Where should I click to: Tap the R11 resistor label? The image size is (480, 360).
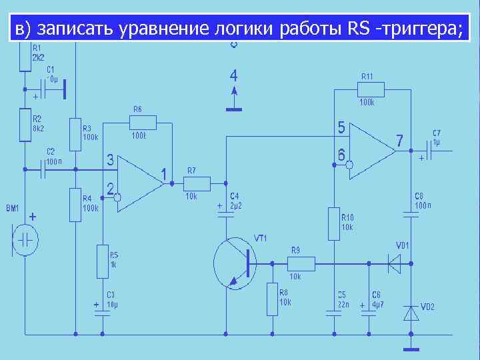click(367, 76)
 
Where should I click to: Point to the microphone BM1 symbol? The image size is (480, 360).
click(25, 240)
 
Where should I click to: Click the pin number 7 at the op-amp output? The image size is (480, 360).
click(399, 141)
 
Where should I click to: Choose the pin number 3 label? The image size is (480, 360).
click(111, 161)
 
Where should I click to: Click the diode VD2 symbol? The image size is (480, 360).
click(411, 312)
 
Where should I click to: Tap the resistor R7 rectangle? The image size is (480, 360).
click(197, 183)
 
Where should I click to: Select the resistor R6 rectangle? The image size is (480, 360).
click(143, 122)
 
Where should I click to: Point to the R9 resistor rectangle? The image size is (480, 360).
click(301, 264)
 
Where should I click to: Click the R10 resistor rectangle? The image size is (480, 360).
click(333, 224)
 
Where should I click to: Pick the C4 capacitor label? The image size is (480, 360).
click(235, 196)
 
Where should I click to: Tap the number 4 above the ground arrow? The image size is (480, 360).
click(233, 74)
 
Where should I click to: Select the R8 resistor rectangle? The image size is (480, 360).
click(272, 299)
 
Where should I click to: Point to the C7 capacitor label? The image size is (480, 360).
click(437, 133)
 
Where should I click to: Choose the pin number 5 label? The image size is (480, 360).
click(341, 127)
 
